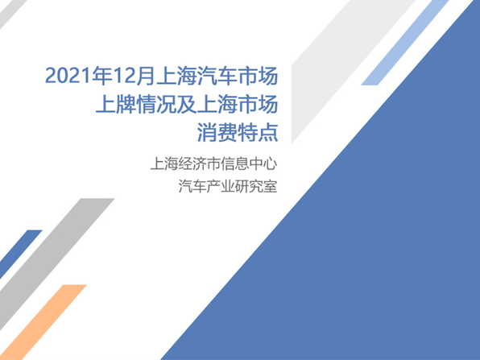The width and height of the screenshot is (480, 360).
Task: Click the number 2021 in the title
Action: (68, 76)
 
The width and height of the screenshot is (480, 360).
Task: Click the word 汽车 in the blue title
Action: (217, 76)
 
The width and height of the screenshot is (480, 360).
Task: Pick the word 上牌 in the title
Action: (116, 105)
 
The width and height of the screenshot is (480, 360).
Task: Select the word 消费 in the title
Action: (217, 133)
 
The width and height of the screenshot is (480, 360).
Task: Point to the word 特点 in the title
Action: (258, 133)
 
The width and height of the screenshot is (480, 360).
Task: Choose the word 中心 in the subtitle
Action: (263, 163)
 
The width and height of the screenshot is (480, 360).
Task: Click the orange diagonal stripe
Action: (43, 322)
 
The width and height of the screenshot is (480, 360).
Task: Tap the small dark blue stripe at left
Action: (20, 254)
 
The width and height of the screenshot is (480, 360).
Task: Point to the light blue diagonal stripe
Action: (405, 43)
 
